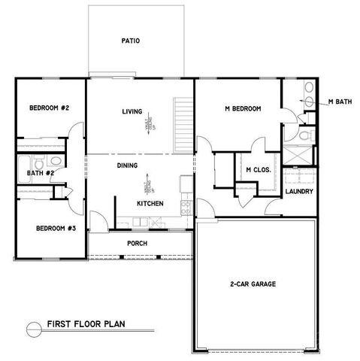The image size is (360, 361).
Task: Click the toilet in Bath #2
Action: click(x=56, y=163)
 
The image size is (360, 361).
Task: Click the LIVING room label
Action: click(x=132, y=112)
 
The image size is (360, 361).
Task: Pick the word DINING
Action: click(x=127, y=165)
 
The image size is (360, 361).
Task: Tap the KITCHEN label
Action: click(x=150, y=204)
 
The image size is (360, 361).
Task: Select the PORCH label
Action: click(x=137, y=244)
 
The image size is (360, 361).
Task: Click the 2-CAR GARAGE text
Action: click(x=253, y=284)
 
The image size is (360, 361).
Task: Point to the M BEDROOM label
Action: click(x=243, y=110)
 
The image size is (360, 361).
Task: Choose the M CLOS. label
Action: click(x=257, y=169)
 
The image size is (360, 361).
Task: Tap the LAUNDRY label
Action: click(x=299, y=191)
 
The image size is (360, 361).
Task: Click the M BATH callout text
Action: click(x=340, y=102)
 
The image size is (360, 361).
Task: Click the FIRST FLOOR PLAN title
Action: click(x=86, y=325)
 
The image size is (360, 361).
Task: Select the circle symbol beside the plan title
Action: click(x=32, y=326)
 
